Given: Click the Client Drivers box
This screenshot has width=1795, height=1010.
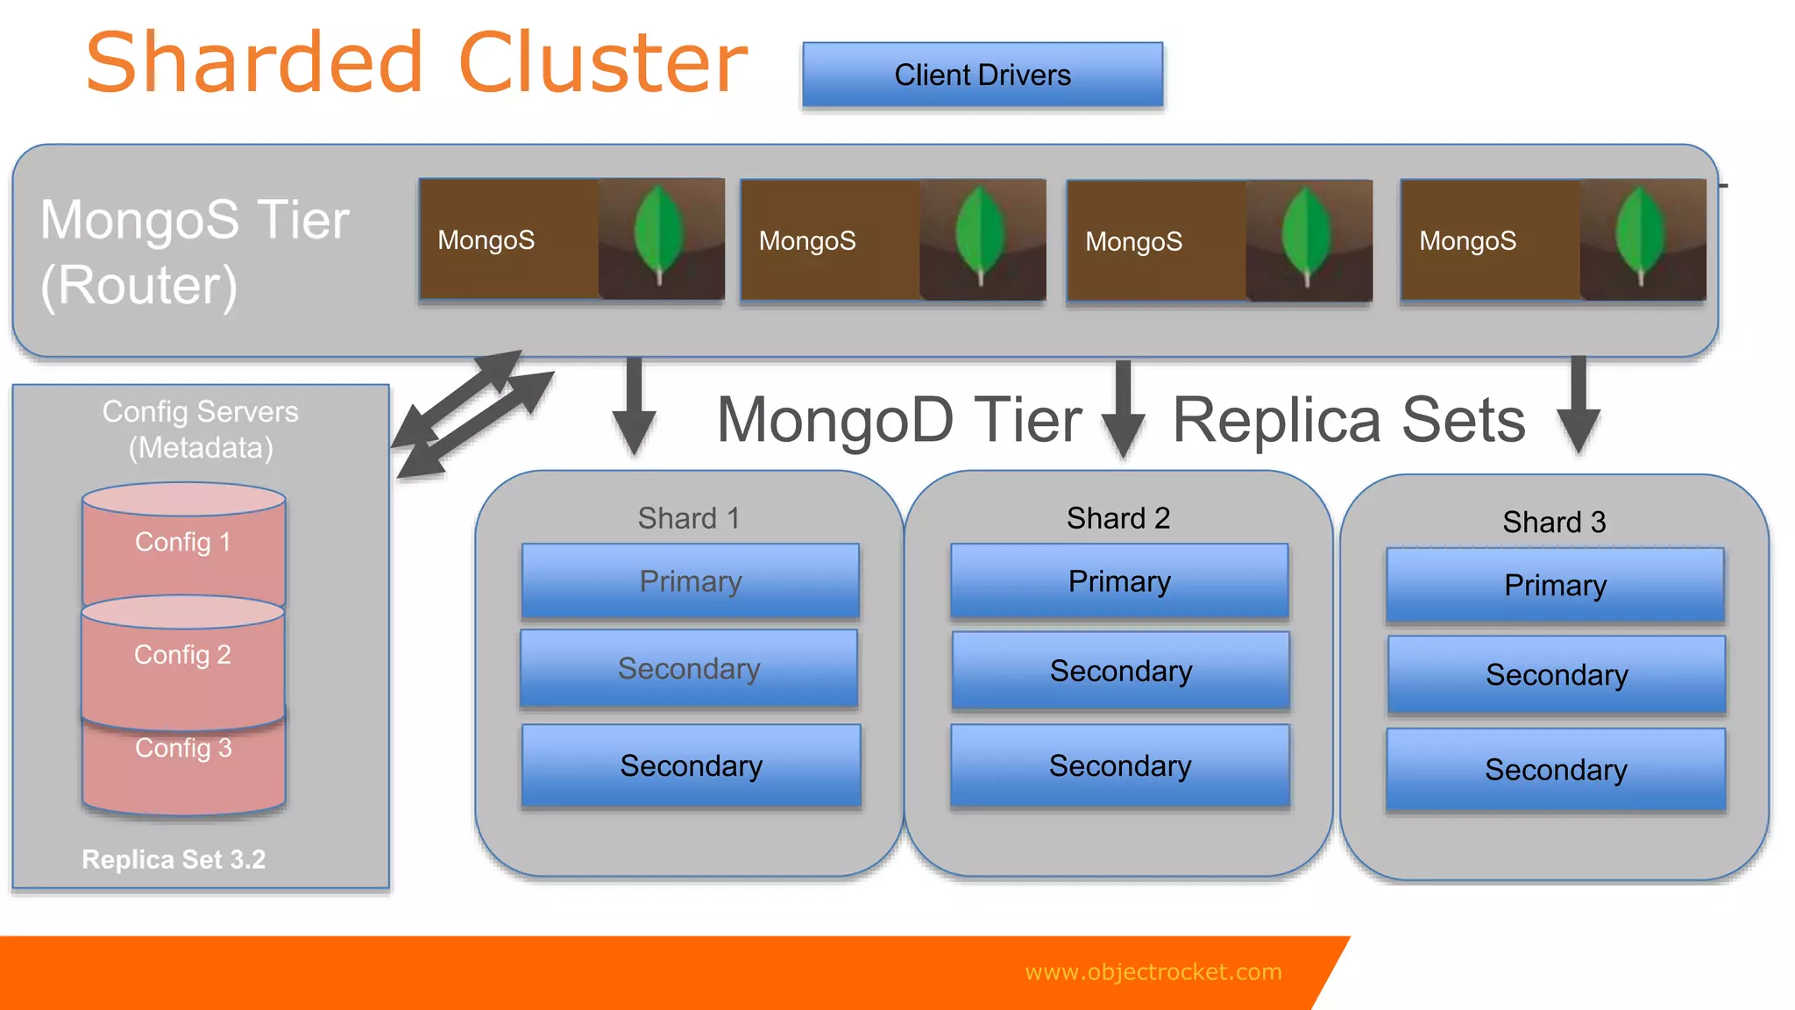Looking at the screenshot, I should [x=983, y=75].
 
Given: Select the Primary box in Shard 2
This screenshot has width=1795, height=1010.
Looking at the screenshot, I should [x=1119, y=581].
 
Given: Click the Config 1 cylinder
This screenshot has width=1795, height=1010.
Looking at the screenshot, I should [x=183, y=543].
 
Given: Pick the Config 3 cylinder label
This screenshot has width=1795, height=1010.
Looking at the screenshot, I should [x=183, y=748].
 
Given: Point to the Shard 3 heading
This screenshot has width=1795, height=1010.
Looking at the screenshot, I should [x=1554, y=522].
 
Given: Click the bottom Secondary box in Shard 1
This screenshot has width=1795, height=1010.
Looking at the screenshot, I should [x=691, y=765].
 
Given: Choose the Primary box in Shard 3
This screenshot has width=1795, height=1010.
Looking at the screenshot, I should [x=1555, y=586].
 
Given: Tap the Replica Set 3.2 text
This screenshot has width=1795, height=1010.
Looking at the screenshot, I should [x=174, y=859].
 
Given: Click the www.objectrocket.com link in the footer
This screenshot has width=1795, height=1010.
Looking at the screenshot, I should [x=1153, y=971].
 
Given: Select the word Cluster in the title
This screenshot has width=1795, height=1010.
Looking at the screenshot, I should [x=603, y=63].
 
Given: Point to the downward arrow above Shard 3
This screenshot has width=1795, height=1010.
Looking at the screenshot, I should [x=1579, y=404].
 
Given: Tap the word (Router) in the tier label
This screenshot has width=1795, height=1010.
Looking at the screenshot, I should [x=139, y=286].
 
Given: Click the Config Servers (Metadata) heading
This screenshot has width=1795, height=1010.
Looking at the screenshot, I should [x=201, y=430].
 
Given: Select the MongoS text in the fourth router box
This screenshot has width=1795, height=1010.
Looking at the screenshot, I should [x=1467, y=241].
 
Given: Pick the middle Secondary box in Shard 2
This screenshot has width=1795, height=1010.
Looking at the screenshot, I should [x=1120, y=671].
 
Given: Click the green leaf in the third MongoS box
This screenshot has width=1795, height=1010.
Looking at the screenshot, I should [x=1306, y=232].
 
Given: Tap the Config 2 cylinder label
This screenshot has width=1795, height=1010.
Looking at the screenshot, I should [x=182, y=655].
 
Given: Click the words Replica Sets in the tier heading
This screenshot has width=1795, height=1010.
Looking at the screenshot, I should [x=1349, y=420].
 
